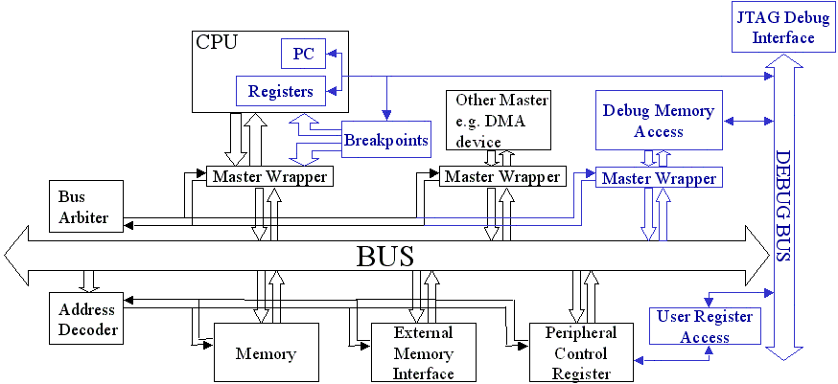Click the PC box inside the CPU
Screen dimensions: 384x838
coord(303,54)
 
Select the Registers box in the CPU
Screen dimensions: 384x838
coord(280,92)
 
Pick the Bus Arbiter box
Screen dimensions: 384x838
coord(85,206)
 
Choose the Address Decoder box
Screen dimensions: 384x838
coord(86,320)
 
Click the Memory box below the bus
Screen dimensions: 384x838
coord(266,353)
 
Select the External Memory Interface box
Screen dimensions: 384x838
coord(423,352)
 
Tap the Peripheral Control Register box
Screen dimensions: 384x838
coord(582,353)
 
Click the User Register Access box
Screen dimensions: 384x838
coord(705,327)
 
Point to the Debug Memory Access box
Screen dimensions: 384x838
coord(658,121)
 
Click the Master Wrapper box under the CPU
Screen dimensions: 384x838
coord(268,176)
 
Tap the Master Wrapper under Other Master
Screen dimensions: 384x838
coord(501,176)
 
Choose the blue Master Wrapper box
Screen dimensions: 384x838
coord(657,178)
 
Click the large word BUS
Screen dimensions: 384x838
coord(385,257)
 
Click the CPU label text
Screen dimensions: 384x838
coord(216,41)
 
